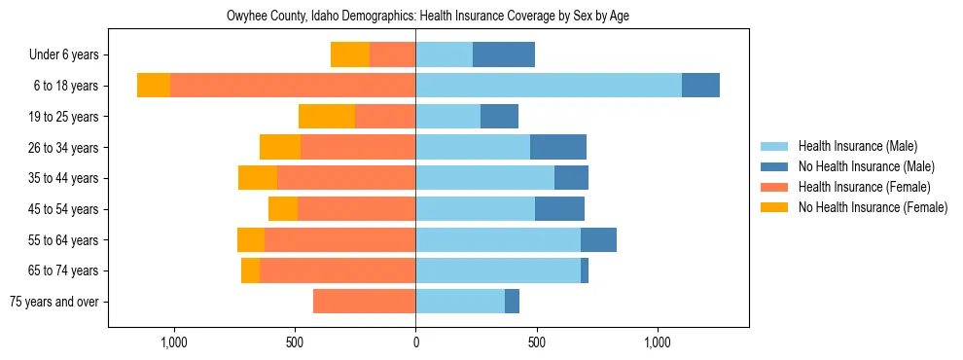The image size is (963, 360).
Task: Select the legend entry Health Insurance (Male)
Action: (857, 147)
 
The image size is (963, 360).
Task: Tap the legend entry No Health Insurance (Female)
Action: (873, 207)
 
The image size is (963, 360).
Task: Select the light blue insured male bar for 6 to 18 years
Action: (549, 86)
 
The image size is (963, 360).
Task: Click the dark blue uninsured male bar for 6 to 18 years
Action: (700, 86)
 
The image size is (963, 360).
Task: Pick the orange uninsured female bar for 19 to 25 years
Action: (327, 117)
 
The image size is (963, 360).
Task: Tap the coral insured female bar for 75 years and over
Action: (364, 302)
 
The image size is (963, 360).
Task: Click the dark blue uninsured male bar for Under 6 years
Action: (504, 55)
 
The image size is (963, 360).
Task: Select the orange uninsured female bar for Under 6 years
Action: (350, 55)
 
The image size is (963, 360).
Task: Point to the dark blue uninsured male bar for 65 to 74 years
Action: (585, 270)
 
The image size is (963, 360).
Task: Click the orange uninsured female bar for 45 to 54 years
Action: (283, 209)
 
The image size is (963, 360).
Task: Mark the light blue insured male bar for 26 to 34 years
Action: (473, 147)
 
